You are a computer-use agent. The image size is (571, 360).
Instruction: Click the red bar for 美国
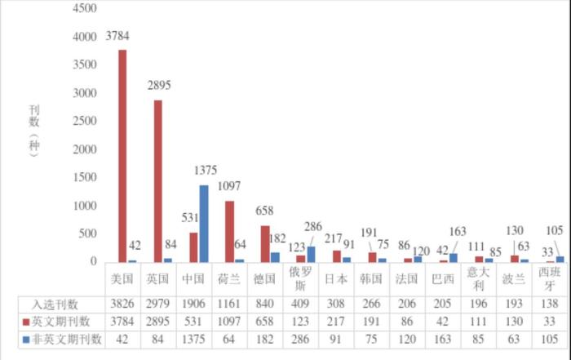click(x=122, y=156)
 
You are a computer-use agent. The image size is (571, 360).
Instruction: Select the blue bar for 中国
click(x=203, y=224)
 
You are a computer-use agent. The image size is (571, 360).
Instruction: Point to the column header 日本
click(x=336, y=278)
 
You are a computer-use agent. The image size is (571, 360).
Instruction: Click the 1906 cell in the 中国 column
click(x=193, y=304)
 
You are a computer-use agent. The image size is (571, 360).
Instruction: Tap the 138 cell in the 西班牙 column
click(x=551, y=304)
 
